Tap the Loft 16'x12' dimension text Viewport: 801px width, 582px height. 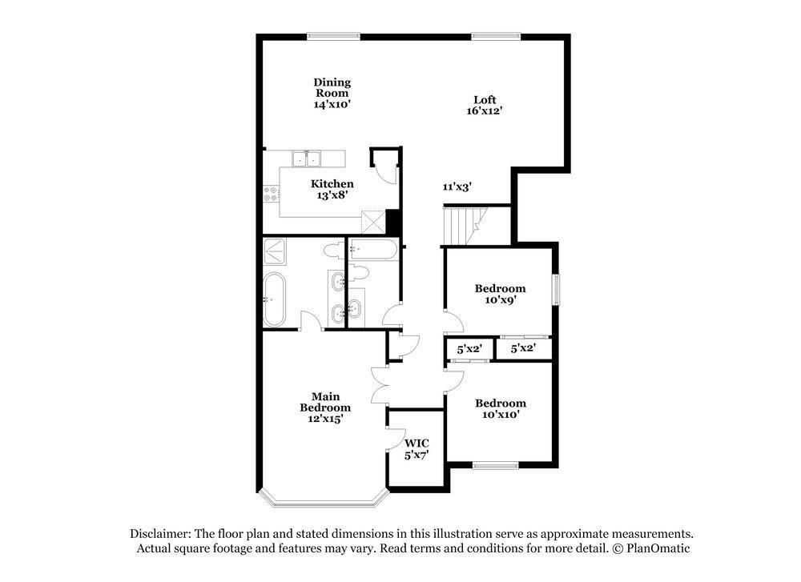click(485, 111)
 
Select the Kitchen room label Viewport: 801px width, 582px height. click(332, 184)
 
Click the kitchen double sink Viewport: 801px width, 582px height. click(305, 159)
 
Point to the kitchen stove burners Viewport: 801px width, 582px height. click(271, 193)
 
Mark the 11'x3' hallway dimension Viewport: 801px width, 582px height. click(457, 187)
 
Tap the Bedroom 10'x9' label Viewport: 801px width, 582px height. click(500, 294)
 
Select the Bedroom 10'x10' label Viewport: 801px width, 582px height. click(500, 408)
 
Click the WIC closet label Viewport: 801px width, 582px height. click(416, 448)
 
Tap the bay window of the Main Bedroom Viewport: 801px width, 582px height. click(324, 502)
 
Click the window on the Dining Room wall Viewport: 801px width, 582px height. click(333, 35)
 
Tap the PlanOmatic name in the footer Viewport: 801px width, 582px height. click(658, 548)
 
